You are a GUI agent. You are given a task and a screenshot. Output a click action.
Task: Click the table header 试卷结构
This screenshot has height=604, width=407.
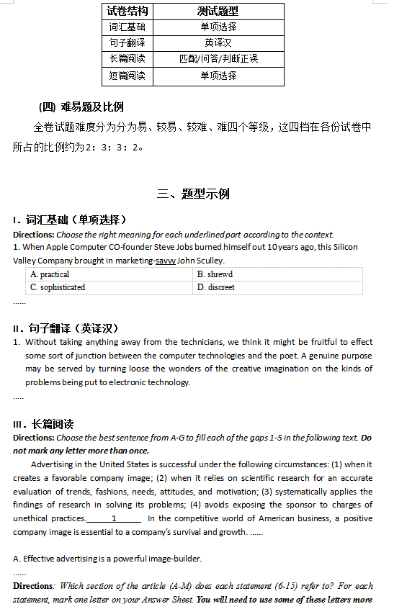pos(128,11)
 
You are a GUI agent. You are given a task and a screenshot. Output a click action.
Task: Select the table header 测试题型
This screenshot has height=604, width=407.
pos(218,11)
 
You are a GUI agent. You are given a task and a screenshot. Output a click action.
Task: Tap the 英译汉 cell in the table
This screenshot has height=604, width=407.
pos(218,43)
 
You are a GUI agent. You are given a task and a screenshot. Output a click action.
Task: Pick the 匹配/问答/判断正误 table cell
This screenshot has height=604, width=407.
pos(218,59)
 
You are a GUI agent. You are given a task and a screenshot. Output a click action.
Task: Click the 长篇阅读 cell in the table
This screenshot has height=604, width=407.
pos(128,59)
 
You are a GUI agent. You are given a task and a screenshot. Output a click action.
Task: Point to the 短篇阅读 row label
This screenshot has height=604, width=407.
pos(128,76)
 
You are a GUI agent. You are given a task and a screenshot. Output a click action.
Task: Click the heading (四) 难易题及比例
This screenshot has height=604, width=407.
pos(81,107)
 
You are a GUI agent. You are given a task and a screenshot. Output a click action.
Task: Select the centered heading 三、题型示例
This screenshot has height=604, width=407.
pos(193,194)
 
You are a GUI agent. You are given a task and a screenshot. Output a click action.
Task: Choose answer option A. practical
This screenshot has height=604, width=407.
pos(50,274)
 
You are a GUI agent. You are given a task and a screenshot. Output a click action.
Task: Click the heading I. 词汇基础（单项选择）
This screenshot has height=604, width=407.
pos(70,220)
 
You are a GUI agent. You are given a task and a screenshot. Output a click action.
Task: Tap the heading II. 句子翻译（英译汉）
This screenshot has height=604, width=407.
pos(70,328)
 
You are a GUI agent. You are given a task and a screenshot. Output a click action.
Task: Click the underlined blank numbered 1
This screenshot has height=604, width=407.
pos(114,518)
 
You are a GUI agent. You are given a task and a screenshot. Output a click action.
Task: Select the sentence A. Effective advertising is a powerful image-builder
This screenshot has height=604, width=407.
pos(107,559)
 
